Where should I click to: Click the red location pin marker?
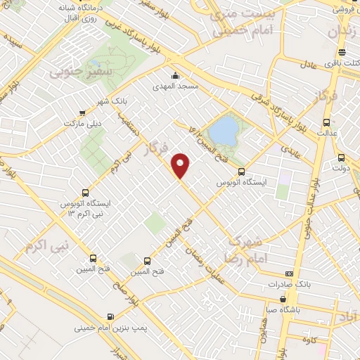(x=181, y=166)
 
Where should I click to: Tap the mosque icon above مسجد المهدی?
(x=175, y=77)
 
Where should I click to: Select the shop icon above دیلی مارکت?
(x=84, y=112)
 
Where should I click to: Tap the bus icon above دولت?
(x=342, y=157)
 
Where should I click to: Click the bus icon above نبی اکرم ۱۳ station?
(x=86, y=192)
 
